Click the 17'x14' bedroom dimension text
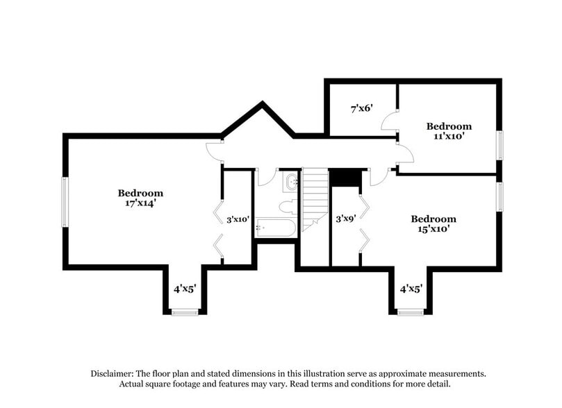140,205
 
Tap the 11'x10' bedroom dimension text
449,137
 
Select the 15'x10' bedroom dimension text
433,230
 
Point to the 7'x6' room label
361,108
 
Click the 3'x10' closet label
238,219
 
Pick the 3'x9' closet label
346,218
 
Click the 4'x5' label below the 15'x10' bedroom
411,288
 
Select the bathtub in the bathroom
276,228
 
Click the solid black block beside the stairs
345,178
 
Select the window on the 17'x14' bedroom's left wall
65,201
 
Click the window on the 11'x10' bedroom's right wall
498,146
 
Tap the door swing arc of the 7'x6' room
389,121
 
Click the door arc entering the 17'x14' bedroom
215,152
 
